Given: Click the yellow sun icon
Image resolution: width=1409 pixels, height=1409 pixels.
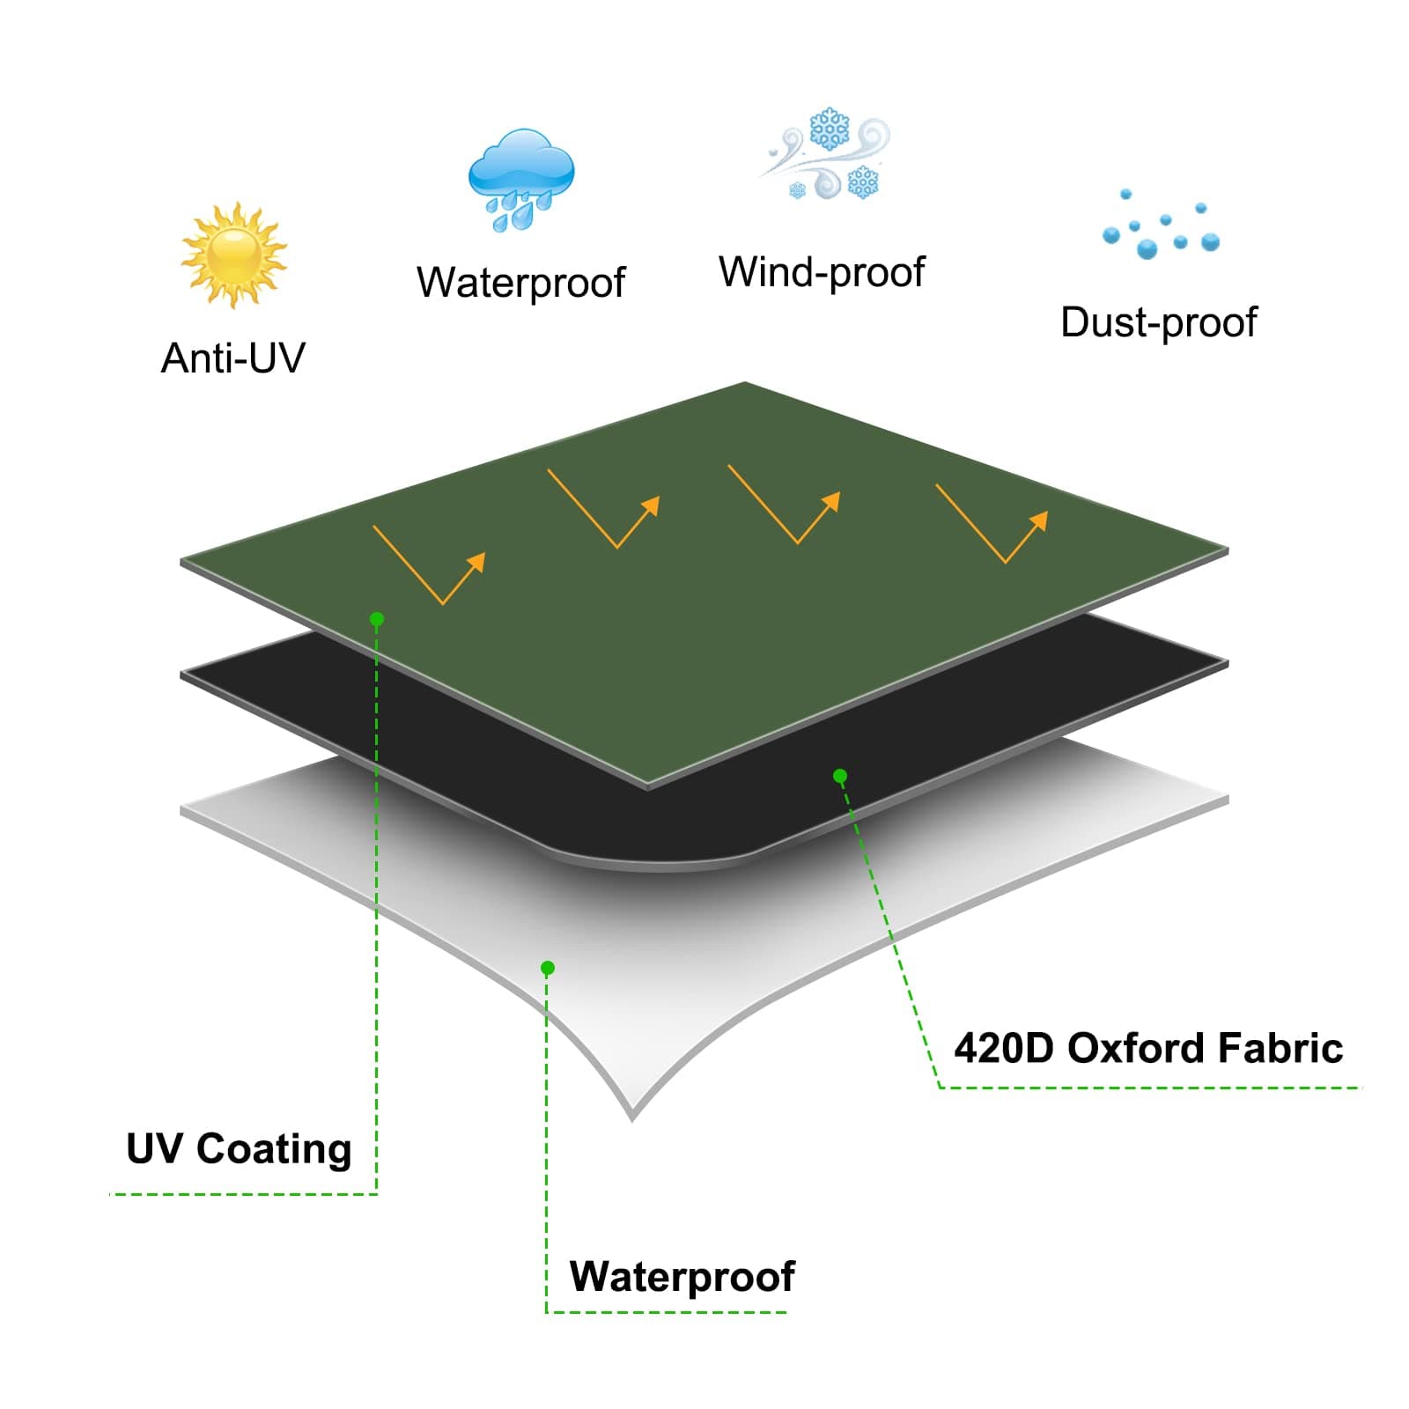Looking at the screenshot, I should (233, 255).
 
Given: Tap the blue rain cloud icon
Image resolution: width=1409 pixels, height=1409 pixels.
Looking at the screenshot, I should (520, 179).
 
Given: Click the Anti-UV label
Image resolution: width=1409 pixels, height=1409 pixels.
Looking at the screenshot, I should (232, 358).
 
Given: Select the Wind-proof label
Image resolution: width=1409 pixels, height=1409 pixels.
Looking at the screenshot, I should (822, 272).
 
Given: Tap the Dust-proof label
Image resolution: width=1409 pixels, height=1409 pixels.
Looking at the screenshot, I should (1158, 322).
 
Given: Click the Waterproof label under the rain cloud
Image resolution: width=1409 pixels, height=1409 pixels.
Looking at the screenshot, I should (520, 283).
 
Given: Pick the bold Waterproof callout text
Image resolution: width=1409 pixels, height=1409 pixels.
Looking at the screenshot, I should (682, 1276).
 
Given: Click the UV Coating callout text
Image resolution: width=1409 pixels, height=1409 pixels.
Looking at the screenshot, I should (239, 1149).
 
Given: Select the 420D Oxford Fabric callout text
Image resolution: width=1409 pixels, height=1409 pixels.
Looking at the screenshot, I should (1148, 1048).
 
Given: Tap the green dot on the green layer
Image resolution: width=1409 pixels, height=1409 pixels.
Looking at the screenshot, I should (377, 619).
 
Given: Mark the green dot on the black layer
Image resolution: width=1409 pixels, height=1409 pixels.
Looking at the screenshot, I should (840, 776).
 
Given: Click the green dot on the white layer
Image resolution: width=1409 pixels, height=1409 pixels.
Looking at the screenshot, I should (547, 968).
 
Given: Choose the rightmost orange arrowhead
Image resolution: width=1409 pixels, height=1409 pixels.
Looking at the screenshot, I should (1039, 520).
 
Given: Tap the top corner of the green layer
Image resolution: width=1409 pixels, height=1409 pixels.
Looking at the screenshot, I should (745, 384).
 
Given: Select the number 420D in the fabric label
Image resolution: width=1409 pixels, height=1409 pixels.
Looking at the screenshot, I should (1003, 1048).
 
